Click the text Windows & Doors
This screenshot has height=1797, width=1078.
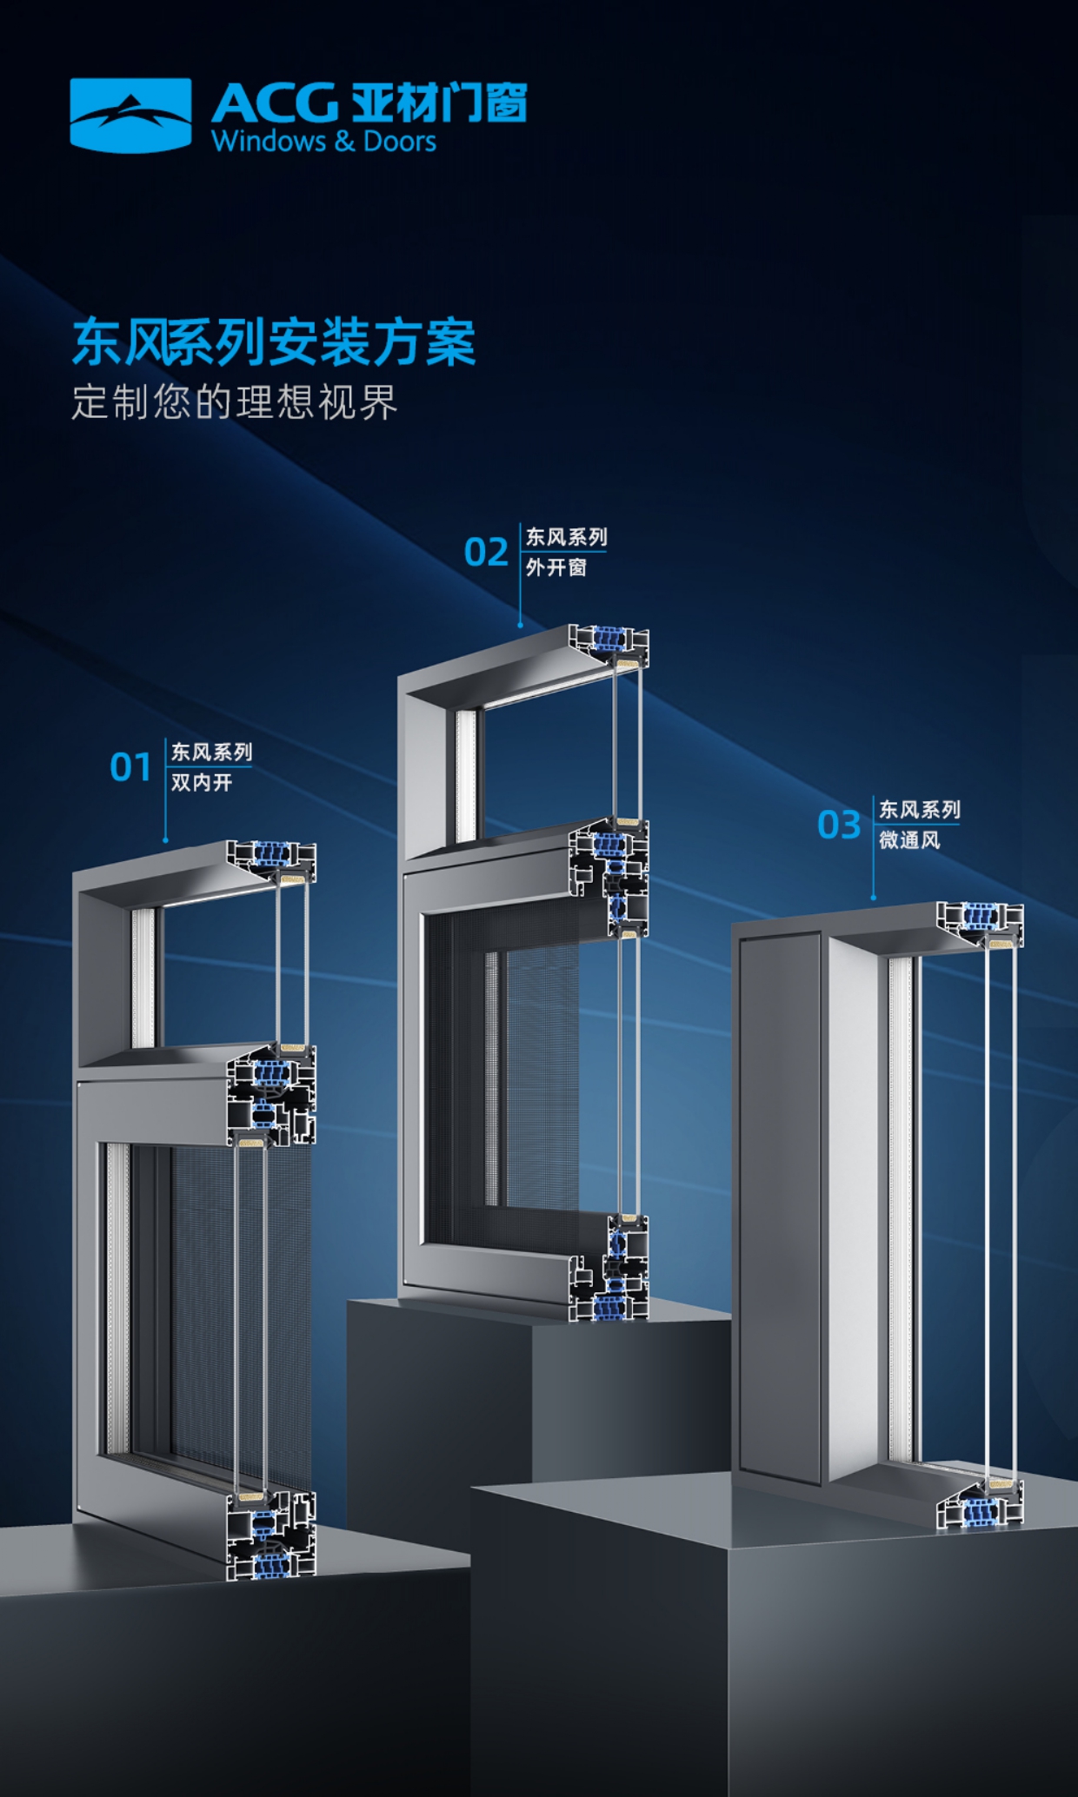pyautogui.click(x=323, y=142)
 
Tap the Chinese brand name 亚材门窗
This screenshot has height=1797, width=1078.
pyautogui.click(x=439, y=103)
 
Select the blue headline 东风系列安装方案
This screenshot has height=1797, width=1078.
pyautogui.click(x=274, y=341)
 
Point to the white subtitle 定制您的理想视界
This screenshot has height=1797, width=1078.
pyautogui.click(x=234, y=401)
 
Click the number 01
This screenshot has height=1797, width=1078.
pyautogui.click(x=130, y=767)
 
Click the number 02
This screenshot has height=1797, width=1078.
pyautogui.click(x=485, y=553)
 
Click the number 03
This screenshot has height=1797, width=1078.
pyautogui.click(x=838, y=825)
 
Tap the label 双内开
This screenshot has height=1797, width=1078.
pyautogui.click(x=202, y=783)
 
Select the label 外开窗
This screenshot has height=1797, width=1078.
pyautogui.click(x=556, y=567)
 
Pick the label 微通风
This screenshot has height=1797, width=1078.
pyautogui.click(x=909, y=840)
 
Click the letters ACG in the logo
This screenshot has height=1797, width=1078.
pyautogui.click(x=274, y=103)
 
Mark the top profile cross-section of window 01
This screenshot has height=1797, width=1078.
pyautogui.click(x=272, y=861)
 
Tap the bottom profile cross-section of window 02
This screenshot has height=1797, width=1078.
pyautogui.click(x=609, y=1268)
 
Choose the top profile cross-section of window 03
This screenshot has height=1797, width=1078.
pyautogui.click(x=980, y=924)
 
